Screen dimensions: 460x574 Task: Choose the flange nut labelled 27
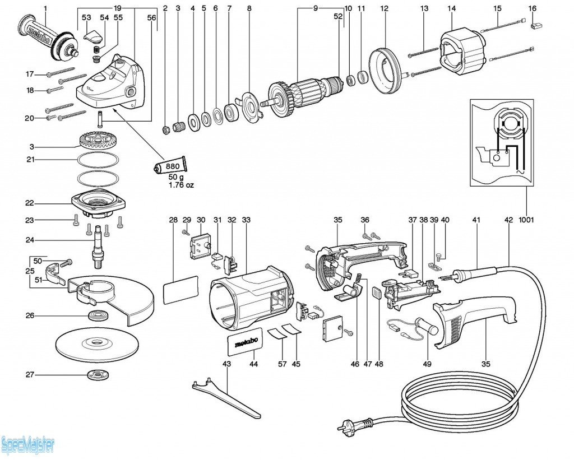click(x=98, y=375)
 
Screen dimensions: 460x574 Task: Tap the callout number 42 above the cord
click(x=508, y=220)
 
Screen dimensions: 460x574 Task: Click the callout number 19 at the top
click(x=117, y=8)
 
